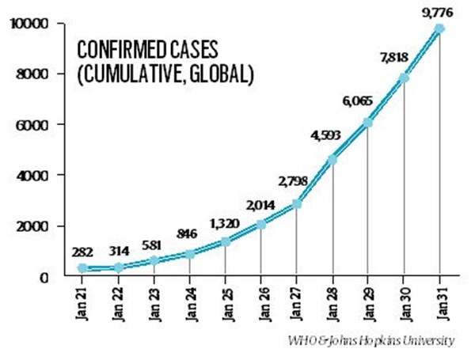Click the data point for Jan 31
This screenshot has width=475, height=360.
coord(439,28)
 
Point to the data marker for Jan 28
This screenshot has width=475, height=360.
coord(331,160)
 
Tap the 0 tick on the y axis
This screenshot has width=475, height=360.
coord(47,276)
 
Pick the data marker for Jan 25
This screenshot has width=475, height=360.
coord(224,241)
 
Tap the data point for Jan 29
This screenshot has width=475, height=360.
coord(367,122)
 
